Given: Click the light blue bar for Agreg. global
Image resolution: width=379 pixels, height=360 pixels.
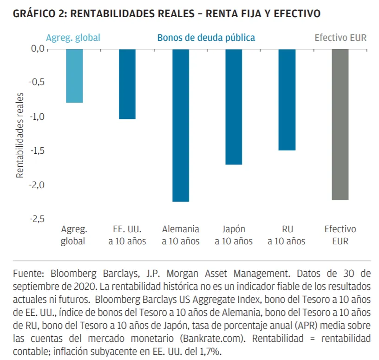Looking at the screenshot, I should (x=74, y=76).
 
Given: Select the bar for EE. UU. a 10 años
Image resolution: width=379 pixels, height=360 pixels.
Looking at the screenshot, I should (x=127, y=84).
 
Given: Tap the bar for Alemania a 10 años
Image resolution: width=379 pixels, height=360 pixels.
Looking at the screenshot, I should (x=181, y=125).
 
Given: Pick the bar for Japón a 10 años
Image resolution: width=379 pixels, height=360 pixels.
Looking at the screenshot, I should (x=234, y=107).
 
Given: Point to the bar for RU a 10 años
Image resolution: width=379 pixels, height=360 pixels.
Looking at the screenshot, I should (x=287, y=99).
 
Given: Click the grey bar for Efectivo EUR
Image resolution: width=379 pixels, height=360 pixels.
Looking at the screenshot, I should (x=340, y=124).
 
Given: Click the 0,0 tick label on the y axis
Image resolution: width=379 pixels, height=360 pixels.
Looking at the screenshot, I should (x=38, y=49).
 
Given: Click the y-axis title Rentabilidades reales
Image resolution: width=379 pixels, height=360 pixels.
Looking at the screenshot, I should (x=20, y=135).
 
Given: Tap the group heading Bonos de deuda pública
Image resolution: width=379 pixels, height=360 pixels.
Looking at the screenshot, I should (x=206, y=38).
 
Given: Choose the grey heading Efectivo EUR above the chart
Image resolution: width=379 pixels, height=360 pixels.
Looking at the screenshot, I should (x=340, y=38).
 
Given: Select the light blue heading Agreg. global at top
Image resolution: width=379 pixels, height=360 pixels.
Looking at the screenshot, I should (x=73, y=38).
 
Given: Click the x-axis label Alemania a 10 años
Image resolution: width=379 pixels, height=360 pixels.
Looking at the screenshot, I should (x=181, y=235).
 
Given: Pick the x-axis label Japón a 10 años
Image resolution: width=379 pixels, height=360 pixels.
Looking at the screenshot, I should (x=234, y=235).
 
